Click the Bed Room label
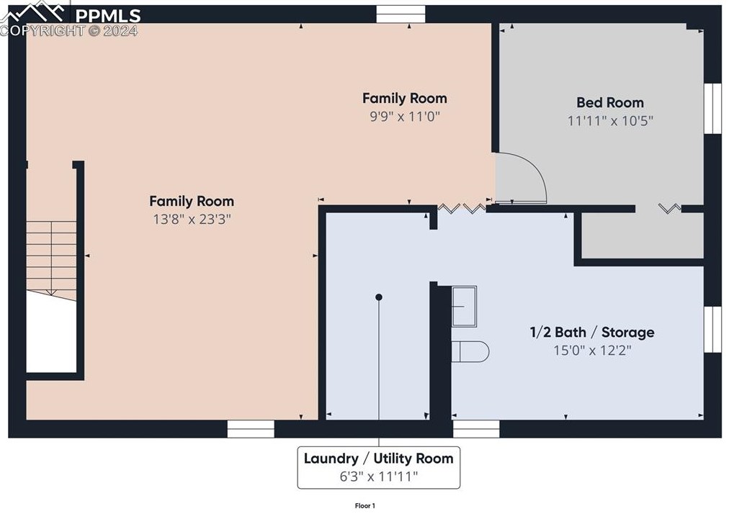pyautogui.click(x=610, y=102)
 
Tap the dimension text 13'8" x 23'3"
pyautogui.click(x=192, y=219)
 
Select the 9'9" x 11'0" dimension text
pyautogui.click(x=405, y=116)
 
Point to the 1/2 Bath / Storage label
pyautogui.click(x=592, y=332)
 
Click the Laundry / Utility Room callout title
pyautogui.click(x=378, y=459)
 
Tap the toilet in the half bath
pyautogui.click(x=470, y=351)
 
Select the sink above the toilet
pyautogui.click(x=465, y=306)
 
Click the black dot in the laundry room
pyautogui.click(x=379, y=297)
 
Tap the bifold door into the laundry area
pyautogui.click(x=462, y=208)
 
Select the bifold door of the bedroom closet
pyautogui.click(x=670, y=208)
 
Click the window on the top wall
pyautogui.click(x=401, y=14)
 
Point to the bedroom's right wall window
pyautogui.click(x=712, y=108)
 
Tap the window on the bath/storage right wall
pyautogui.click(x=712, y=330)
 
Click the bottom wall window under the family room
pyautogui.click(x=251, y=429)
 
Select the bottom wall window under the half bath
pyautogui.click(x=477, y=429)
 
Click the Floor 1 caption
pyautogui.click(x=365, y=505)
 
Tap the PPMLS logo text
pyautogui.click(x=108, y=16)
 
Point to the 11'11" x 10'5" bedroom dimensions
pyautogui.click(x=610, y=121)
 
